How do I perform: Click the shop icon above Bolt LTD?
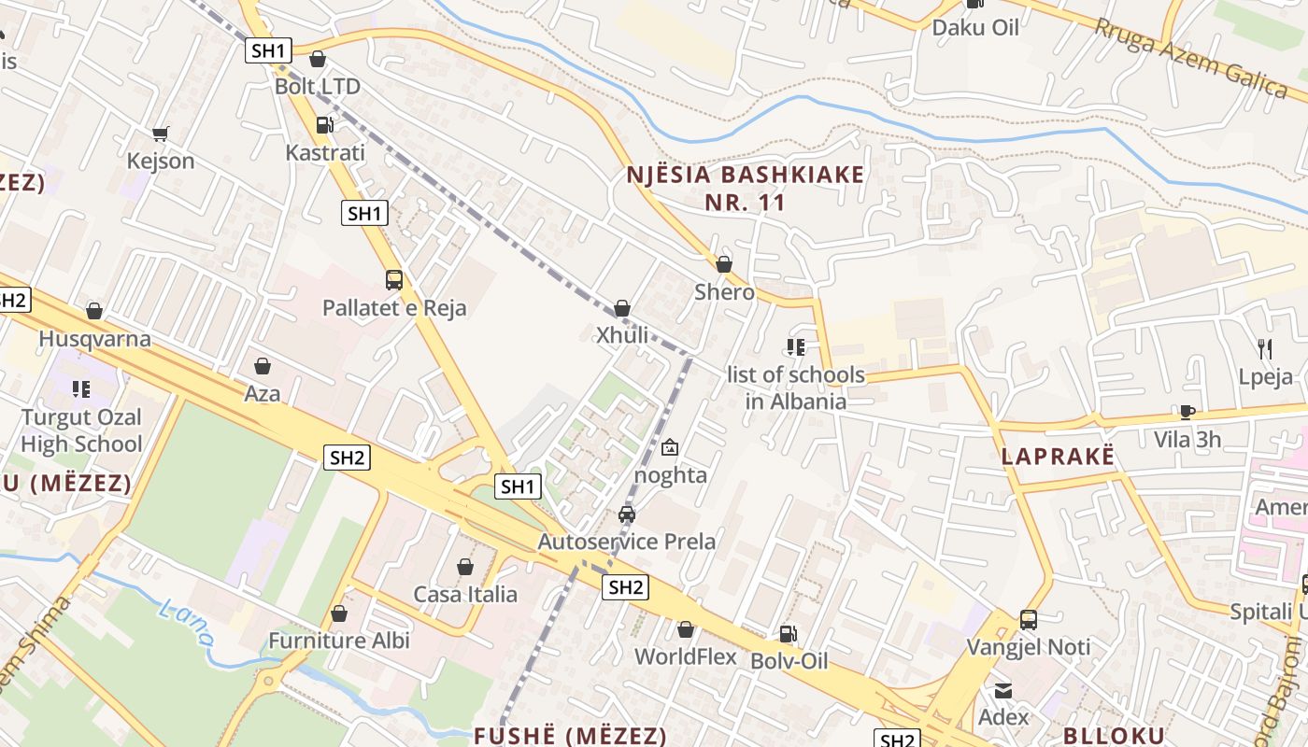[318, 59]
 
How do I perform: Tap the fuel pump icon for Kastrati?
[324, 124]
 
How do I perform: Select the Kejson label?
[161, 161]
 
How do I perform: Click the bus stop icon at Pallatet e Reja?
[394, 279]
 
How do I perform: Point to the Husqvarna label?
[94, 338]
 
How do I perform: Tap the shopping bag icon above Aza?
[263, 365]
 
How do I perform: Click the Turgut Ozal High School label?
[81, 430]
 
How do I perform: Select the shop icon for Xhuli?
[622, 307]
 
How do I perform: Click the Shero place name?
[724, 292]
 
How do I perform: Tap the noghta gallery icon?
[670, 448]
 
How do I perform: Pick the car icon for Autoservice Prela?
[627, 514]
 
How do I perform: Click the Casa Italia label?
[465, 594]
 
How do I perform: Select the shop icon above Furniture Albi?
[339, 613]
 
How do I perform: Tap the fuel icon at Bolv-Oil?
[789, 633]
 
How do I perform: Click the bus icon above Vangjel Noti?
[1029, 619]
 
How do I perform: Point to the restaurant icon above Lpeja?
[1265, 349]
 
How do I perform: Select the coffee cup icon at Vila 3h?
[1187, 412]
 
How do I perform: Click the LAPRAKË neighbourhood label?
[1058, 457]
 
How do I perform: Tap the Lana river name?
[186, 624]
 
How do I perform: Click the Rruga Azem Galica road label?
[1190, 55]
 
